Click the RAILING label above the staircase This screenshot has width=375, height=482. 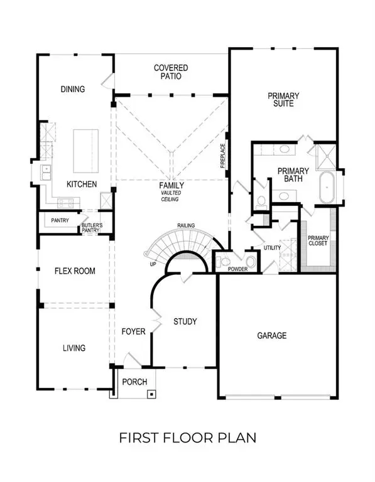coord(185,225)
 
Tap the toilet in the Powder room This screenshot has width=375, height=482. coord(251,260)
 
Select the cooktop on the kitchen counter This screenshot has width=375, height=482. coord(65,202)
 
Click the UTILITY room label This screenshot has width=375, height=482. coord(272,249)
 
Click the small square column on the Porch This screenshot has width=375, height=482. coord(151,394)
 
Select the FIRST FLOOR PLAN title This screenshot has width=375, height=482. coord(187,437)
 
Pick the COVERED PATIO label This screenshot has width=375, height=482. coord(171,72)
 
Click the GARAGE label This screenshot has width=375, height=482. coord(271,336)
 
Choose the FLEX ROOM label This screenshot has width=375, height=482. coord(75,271)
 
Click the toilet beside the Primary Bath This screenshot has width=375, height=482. coord(261,201)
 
